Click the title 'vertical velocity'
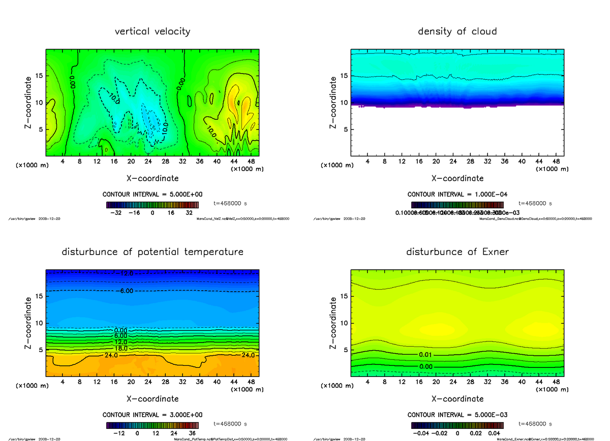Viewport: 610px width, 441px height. (152, 31)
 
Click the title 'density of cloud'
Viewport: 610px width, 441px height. (457, 31)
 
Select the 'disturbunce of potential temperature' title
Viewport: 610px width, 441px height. (152, 252)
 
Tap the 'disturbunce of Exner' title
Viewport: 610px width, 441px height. (457, 252)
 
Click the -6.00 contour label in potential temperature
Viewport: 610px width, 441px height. (124, 291)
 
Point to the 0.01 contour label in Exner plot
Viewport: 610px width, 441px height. (426, 354)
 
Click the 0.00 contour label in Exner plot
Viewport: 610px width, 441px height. (426, 366)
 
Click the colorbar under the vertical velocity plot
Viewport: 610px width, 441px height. (152, 205)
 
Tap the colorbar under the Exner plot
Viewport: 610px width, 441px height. (457, 425)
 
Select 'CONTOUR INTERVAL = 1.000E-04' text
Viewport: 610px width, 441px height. (457, 194)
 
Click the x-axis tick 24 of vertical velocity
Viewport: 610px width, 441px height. (148, 162)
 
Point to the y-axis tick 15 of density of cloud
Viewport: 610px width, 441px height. (344, 76)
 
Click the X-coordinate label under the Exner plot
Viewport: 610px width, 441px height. (457, 399)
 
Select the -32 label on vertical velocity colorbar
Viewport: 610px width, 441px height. (117, 213)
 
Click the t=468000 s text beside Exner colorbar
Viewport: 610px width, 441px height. (535, 423)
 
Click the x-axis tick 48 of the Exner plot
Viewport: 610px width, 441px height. (556, 382)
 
